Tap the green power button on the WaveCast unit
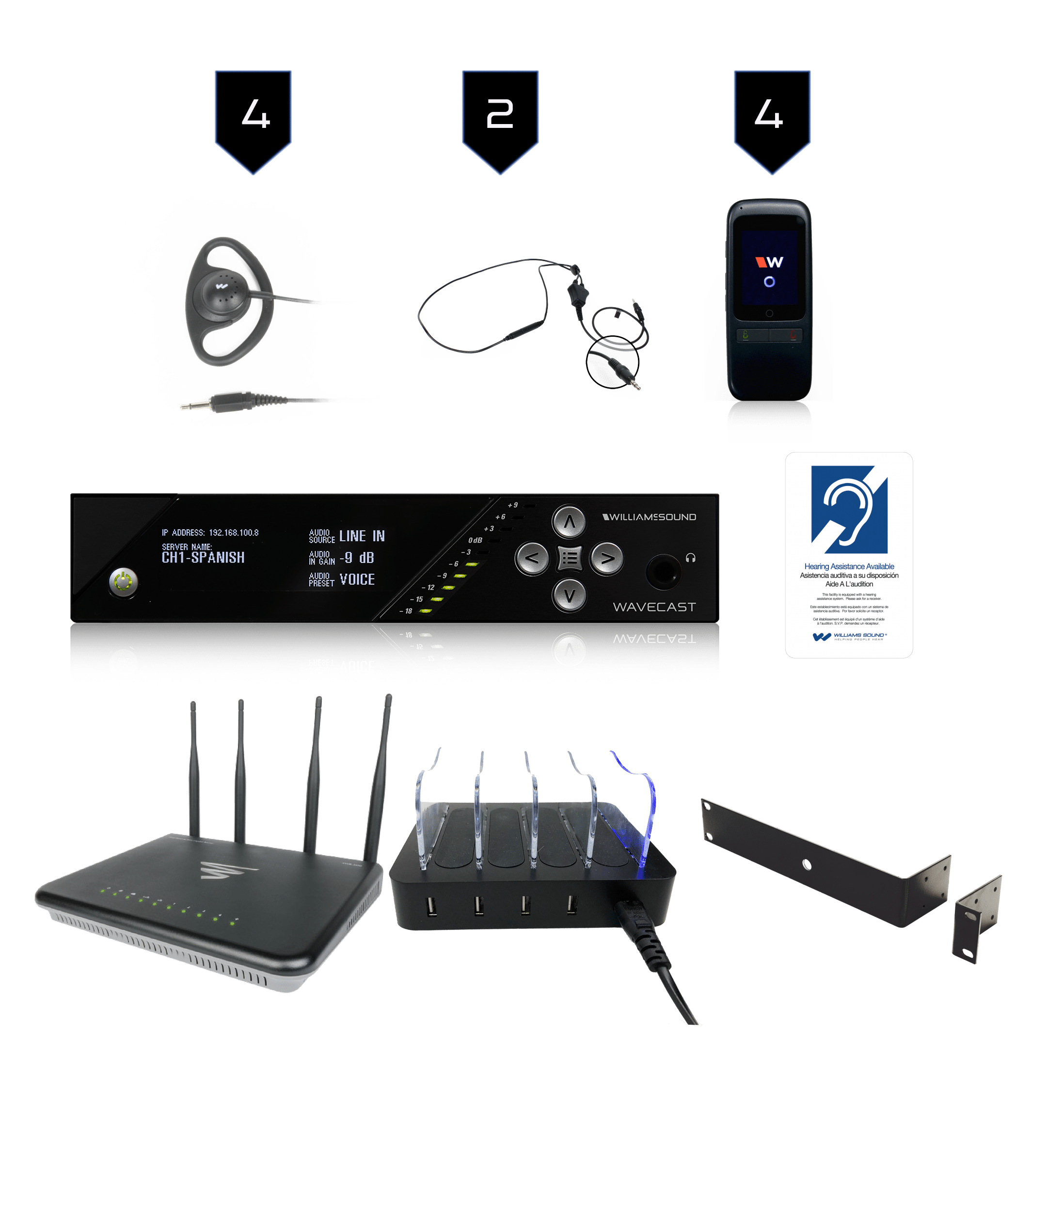[123, 582]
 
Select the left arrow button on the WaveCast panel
[532, 558]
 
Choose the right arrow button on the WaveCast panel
[606, 558]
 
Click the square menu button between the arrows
[570, 558]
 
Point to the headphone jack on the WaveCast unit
[663, 570]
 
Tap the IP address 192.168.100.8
[234, 532]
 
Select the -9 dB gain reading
[357, 558]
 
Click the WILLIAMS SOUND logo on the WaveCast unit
[649, 517]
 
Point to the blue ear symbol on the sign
[849, 509]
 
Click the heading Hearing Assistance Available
[849, 566]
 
